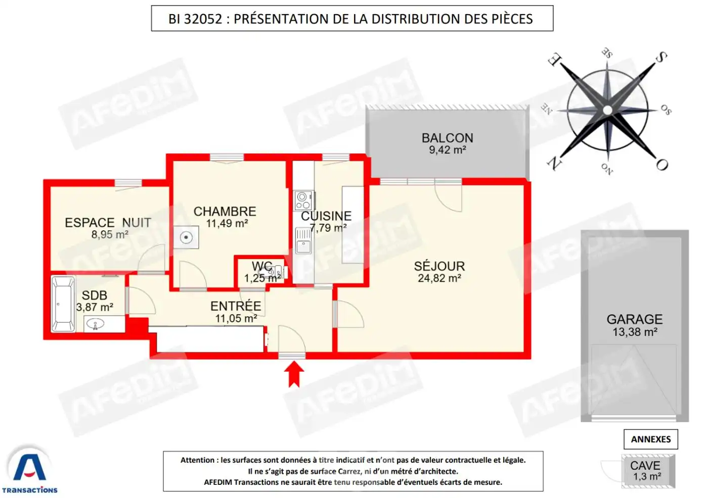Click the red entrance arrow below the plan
pos(294,375)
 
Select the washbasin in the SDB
pos(95,324)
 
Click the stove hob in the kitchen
pos(303,201)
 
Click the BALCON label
pos(448,138)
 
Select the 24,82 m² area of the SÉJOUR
pos(439,278)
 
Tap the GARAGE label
pos(634,319)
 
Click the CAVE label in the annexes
pos(645,465)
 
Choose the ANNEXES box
pos(650,439)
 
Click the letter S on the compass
pos(661,58)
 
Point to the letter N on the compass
pos(554,163)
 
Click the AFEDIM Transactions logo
pos(29,470)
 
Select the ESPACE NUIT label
pos(108,223)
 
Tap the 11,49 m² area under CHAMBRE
pos(227,223)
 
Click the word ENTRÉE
pos(236,306)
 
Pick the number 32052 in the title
pos(203,19)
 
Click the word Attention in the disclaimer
pos(197,460)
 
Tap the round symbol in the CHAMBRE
pos(186,237)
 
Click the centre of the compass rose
pos(607,110)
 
